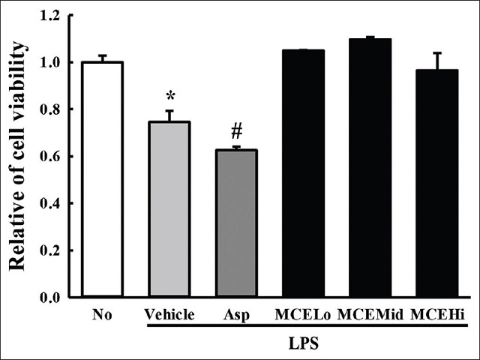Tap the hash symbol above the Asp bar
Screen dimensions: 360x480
[236, 132]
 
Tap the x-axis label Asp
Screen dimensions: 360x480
[236, 314]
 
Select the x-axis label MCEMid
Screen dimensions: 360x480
[370, 314]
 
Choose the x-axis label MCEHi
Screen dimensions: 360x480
[437, 314]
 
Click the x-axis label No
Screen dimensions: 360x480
[103, 314]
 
